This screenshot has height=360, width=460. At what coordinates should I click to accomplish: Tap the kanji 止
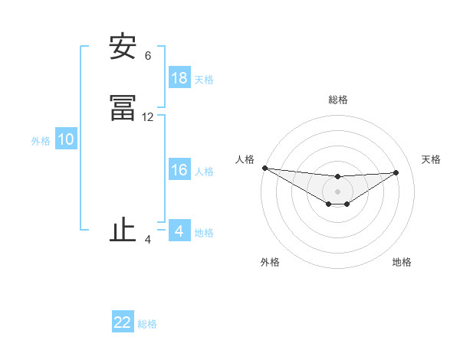coord(123,231)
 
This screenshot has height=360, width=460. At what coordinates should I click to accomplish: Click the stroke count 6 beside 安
coord(148,56)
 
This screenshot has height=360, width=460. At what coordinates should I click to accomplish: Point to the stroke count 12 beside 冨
coord(148,117)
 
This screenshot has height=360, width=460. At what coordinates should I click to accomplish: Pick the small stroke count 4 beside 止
coord(148,240)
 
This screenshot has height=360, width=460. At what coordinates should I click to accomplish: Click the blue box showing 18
coord(179,78)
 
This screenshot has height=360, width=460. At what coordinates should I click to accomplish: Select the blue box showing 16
coord(179,170)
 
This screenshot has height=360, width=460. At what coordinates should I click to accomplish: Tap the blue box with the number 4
coord(179,231)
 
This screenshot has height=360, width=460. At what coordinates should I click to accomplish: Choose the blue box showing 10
coord(66,139)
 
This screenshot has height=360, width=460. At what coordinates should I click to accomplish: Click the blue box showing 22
coord(123,322)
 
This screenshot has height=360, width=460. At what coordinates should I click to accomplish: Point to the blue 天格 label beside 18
coord(204,80)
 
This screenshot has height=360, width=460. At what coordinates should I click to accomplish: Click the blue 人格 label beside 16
coord(204,172)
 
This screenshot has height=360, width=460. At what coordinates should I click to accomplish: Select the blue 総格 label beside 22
coord(147,324)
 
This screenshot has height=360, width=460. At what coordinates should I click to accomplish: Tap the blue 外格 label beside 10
coord(41,141)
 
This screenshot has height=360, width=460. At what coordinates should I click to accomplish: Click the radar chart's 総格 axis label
coord(338,100)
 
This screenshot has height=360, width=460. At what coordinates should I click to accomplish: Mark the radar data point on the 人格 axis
coord(264,168)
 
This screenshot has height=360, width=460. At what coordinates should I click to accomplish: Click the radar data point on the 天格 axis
coord(396,172)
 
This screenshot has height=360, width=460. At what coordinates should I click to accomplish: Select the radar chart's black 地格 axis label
coord(402,262)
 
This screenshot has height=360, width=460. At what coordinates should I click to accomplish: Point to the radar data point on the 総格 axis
coord(337,177)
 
